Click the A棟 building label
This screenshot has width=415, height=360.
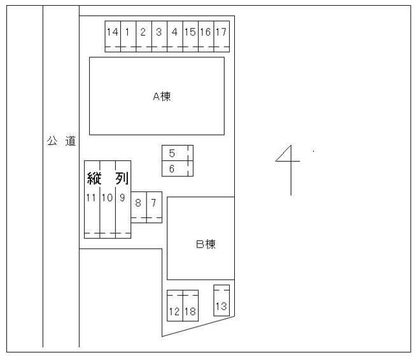click(x=162, y=96)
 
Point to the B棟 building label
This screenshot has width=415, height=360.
click(x=206, y=244)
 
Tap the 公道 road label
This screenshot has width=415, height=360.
click(x=61, y=141)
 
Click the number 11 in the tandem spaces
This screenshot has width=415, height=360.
click(x=91, y=198)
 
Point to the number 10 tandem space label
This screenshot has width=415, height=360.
click(x=107, y=198)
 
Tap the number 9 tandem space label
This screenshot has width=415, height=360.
click(x=122, y=198)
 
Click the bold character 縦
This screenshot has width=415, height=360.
click(x=94, y=178)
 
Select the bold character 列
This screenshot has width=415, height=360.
click(x=122, y=178)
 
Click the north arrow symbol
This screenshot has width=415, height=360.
click(x=291, y=170)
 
